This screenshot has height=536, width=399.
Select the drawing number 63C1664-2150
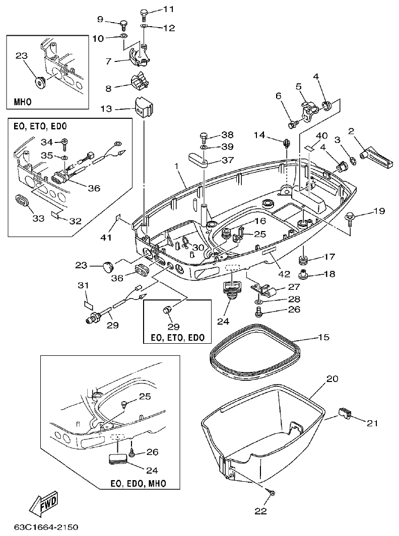pyautogui.click(x=46, y=527)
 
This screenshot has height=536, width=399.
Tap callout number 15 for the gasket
pyautogui.click(x=324, y=337)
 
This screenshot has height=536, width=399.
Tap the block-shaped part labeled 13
pyautogui.click(x=144, y=107)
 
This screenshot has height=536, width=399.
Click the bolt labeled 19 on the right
pyautogui.click(x=349, y=217)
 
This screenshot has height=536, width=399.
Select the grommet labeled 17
pyautogui.click(x=304, y=260)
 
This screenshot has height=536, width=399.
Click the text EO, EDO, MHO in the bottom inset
pyautogui.click(x=138, y=483)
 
